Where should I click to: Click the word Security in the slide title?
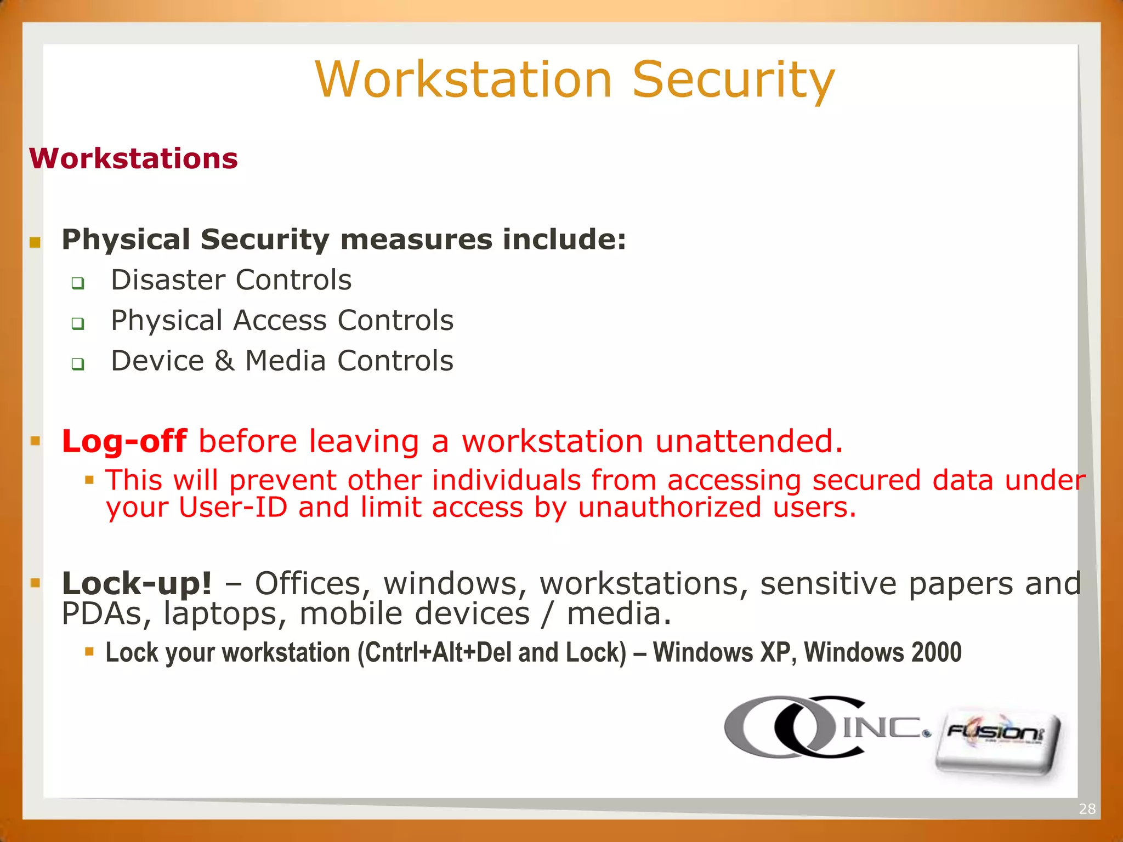coord(733,81)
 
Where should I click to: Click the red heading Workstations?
coord(133,159)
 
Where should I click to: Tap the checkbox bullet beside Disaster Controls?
coord(78,283)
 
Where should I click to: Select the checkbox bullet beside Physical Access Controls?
coord(78,324)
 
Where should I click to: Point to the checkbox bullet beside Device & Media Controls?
coord(78,364)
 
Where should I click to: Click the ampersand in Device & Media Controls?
coord(224,361)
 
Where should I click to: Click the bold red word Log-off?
coord(124,441)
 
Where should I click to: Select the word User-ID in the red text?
coord(233,507)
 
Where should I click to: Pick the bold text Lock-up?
coord(137,583)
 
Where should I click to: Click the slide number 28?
coord(1087,809)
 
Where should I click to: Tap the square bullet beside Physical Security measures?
coord(36,242)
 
